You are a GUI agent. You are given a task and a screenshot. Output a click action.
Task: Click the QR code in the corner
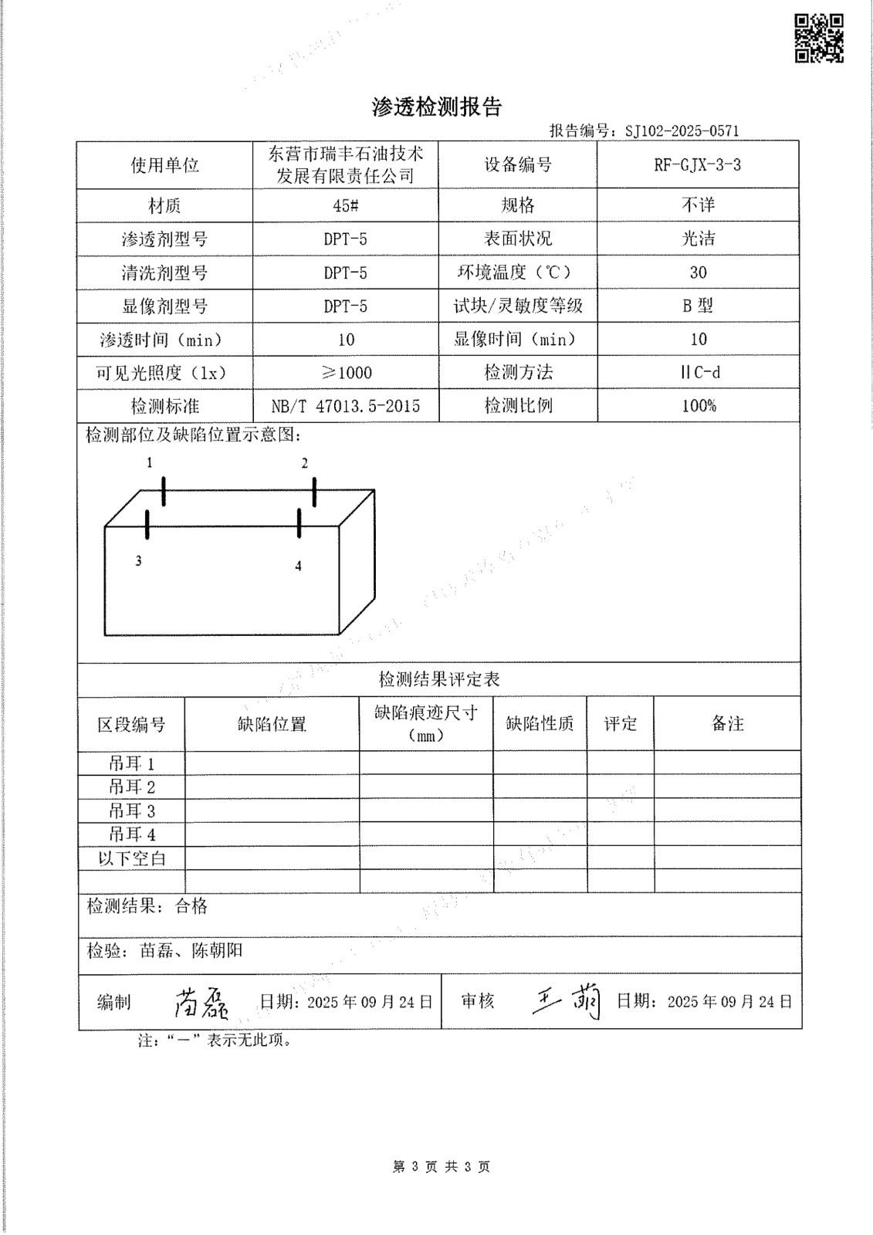[819, 38]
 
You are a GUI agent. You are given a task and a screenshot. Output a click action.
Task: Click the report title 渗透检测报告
[437, 107]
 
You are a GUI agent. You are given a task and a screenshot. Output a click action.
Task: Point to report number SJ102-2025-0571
[682, 131]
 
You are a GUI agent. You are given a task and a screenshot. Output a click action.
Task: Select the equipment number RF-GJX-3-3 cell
[698, 165]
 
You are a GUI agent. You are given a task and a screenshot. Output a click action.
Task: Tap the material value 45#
[345, 206]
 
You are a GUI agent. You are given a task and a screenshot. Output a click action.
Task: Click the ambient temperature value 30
[698, 272]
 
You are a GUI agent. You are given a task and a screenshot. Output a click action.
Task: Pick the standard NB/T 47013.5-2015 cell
[345, 406]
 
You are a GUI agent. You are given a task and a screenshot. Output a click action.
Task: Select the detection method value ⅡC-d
[698, 373]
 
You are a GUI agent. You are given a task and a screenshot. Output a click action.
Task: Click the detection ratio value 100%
[698, 406]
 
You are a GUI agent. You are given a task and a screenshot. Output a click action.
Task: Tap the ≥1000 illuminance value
[345, 373]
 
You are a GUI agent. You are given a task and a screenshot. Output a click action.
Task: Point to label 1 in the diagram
[150, 463]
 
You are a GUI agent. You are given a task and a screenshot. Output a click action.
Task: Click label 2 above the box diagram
[305, 464]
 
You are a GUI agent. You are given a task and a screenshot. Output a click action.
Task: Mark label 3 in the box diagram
[138, 561]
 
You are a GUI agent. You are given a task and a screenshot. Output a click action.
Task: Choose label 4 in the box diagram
[299, 567]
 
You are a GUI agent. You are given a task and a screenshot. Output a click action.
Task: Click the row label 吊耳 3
[131, 811]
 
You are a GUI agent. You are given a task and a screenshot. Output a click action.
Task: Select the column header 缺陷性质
[540, 724]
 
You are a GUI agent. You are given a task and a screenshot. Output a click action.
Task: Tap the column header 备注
[727, 723]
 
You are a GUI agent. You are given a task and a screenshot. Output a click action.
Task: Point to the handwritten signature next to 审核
[567, 1003]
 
